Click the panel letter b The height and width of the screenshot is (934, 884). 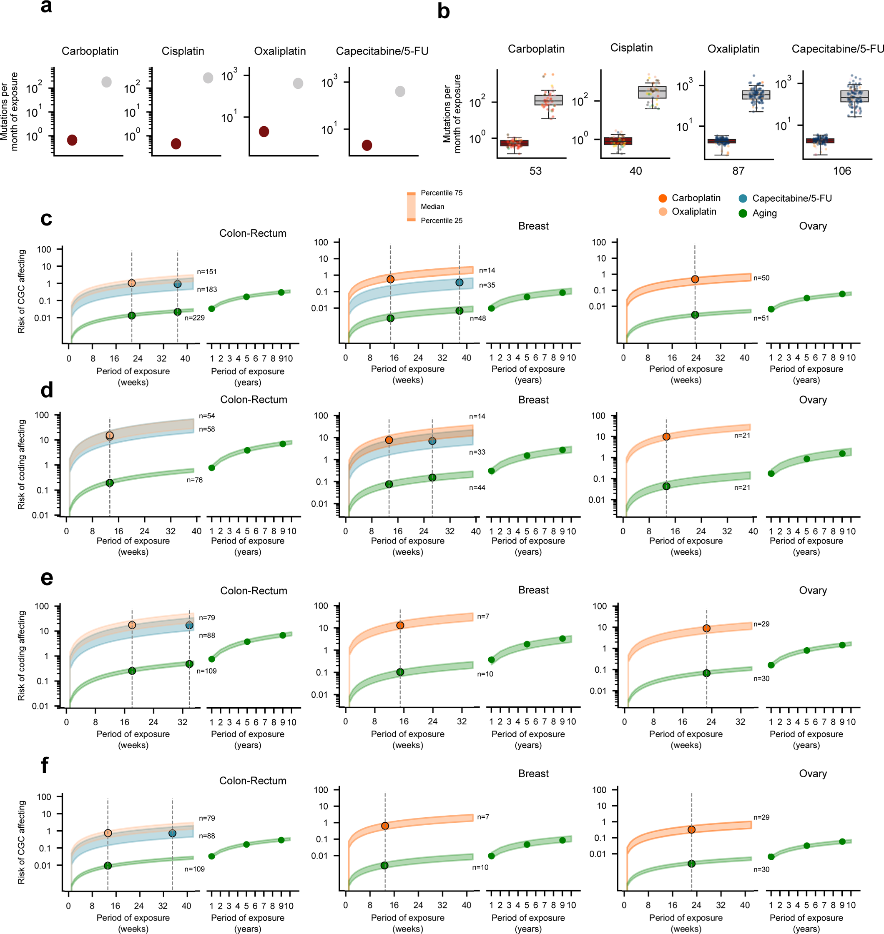(443, 11)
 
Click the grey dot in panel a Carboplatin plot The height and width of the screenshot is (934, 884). (106, 82)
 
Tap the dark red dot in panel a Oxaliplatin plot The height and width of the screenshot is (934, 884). (264, 131)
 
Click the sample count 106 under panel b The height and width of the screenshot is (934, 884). (841, 171)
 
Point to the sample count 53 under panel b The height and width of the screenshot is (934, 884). (535, 171)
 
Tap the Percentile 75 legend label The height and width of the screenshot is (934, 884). (442, 193)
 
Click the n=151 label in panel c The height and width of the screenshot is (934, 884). (207, 272)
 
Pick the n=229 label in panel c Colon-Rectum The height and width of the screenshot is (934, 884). (195, 318)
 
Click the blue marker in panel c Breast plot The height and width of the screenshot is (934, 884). (460, 283)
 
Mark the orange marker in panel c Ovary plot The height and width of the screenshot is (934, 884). (695, 279)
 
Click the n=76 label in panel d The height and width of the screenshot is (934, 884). (195, 480)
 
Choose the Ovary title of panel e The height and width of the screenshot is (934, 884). (813, 590)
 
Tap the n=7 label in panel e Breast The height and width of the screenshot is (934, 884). (483, 616)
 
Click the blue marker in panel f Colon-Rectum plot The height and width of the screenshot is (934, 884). (173, 833)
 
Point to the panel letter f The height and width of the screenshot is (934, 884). (45, 765)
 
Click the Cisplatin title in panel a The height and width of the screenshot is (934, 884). (183, 51)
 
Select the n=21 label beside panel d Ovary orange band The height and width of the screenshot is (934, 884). (742, 436)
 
